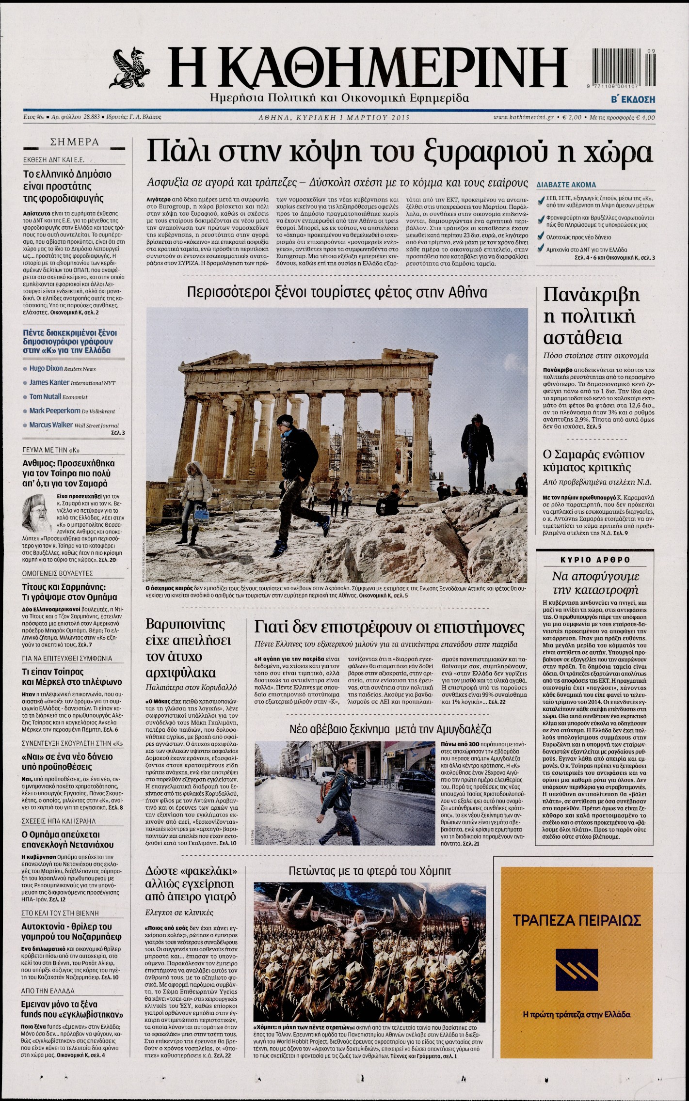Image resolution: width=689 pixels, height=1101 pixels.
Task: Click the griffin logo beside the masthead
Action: [x=129, y=69]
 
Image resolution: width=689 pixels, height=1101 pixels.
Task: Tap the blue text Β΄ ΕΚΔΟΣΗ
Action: [x=633, y=99]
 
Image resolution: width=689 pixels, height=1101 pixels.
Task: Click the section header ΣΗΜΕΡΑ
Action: [x=75, y=142]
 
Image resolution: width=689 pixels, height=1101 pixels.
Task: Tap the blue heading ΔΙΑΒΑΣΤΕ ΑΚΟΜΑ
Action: [x=566, y=185]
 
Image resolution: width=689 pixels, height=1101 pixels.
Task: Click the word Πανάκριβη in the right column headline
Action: [x=591, y=295]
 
